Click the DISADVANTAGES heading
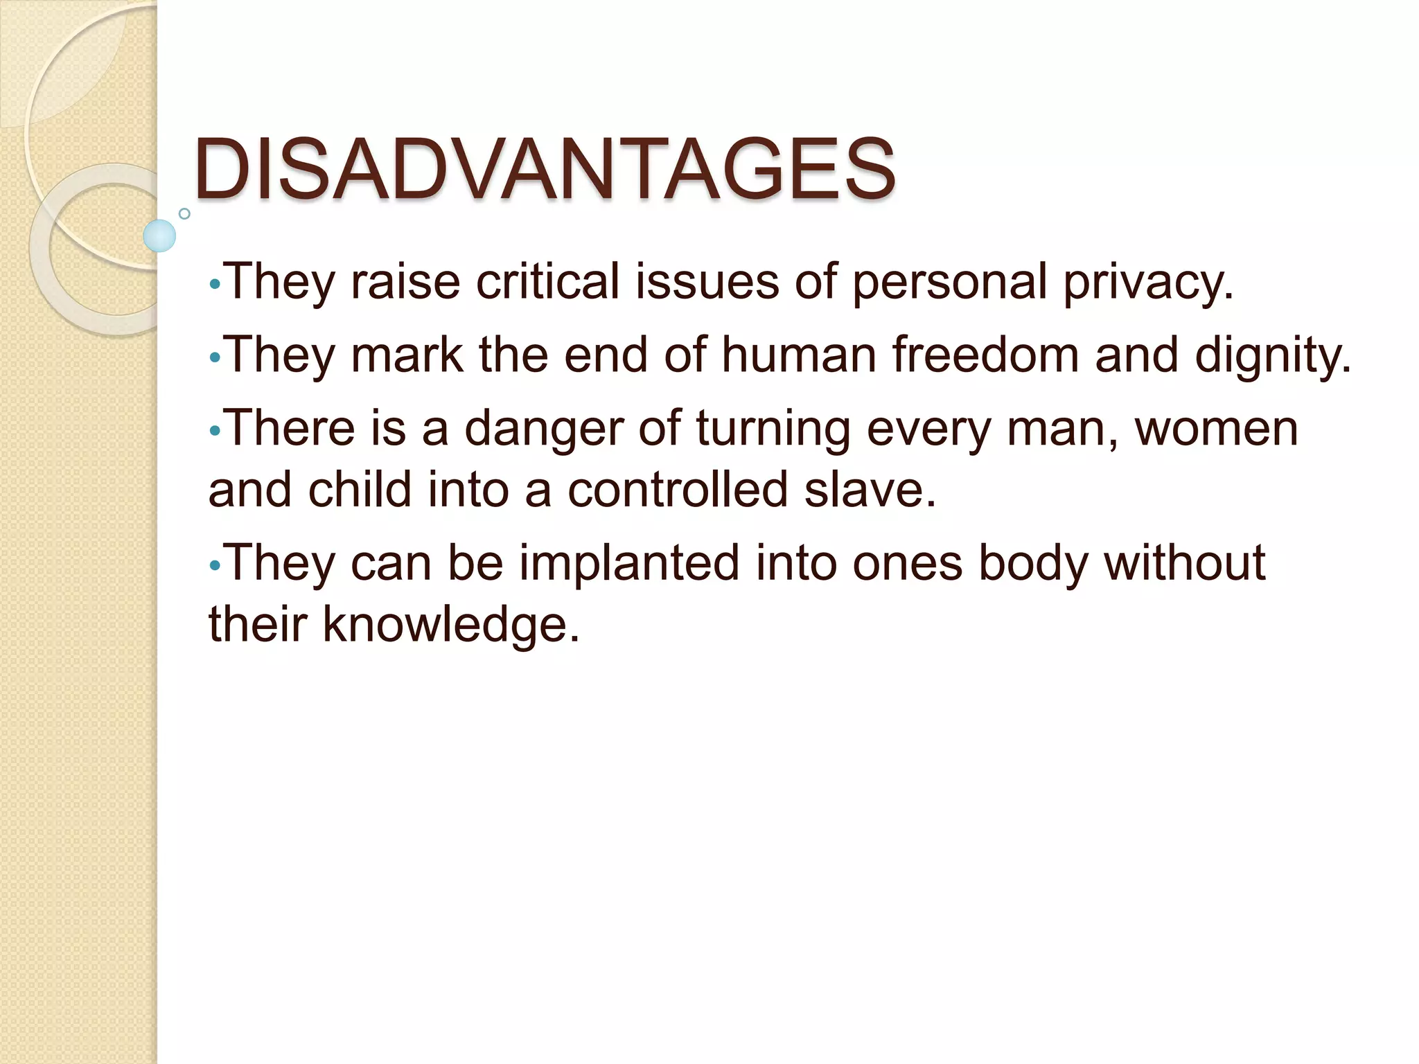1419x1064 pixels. point(545,170)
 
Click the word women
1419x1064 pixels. point(1217,429)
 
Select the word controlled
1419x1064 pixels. point(678,489)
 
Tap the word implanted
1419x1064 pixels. point(629,563)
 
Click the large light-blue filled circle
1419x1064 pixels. point(159,236)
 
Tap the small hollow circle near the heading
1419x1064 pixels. point(184,213)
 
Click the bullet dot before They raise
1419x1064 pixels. point(215,285)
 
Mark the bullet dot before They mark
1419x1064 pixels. point(215,357)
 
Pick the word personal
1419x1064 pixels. point(949,283)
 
